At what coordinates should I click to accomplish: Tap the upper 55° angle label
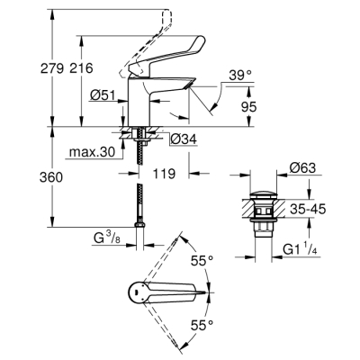click(204, 261)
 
